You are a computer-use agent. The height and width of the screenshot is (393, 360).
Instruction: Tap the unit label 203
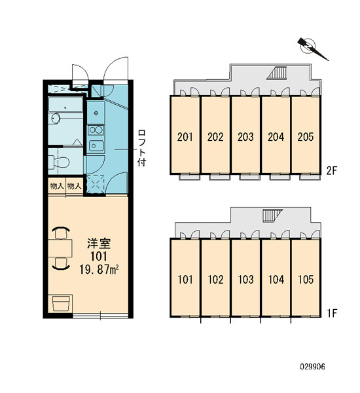pos(245,137)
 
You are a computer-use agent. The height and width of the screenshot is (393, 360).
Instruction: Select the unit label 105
pos(306,280)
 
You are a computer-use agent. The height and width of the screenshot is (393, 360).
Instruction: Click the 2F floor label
pos(332,171)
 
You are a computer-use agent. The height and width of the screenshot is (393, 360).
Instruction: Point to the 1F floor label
pos(333,313)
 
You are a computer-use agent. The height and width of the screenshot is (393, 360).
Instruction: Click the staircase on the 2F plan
pos(277,73)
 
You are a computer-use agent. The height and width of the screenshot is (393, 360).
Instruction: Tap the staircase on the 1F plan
pos(272,215)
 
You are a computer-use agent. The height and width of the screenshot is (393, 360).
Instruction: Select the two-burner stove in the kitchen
pos(96,130)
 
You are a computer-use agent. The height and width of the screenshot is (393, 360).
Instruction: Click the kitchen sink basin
pos(96,145)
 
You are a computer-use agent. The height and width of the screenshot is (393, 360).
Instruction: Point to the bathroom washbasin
pos(56,119)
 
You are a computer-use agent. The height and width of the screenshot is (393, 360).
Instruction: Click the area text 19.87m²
pos(99,269)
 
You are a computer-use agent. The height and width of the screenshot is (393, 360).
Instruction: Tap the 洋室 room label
pos(99,244)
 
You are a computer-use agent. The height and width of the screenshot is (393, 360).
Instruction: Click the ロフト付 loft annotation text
pos(142,148)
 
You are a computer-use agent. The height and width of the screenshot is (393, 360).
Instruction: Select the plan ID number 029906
pos(313,367)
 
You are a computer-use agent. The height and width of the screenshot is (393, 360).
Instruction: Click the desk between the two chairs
pos(60,248)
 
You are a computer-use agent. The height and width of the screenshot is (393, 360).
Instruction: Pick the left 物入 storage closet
pos(57,186)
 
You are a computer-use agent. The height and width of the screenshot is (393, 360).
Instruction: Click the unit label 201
pos(185,137)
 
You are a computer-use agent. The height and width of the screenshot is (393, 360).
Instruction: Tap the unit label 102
pos(215,280)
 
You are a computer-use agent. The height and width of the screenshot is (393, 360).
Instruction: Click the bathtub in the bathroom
pos(65,105)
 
